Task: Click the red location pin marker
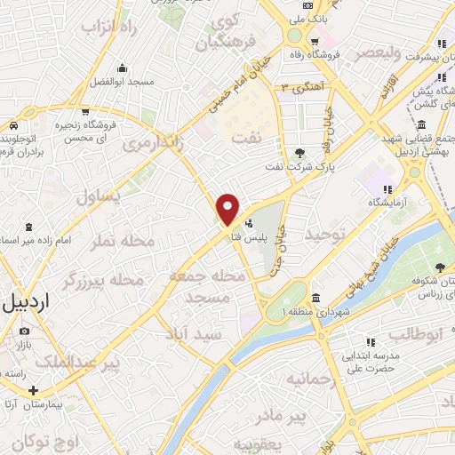point(228,209)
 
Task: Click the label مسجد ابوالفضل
point(122,82)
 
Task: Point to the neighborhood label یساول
point(97,196)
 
